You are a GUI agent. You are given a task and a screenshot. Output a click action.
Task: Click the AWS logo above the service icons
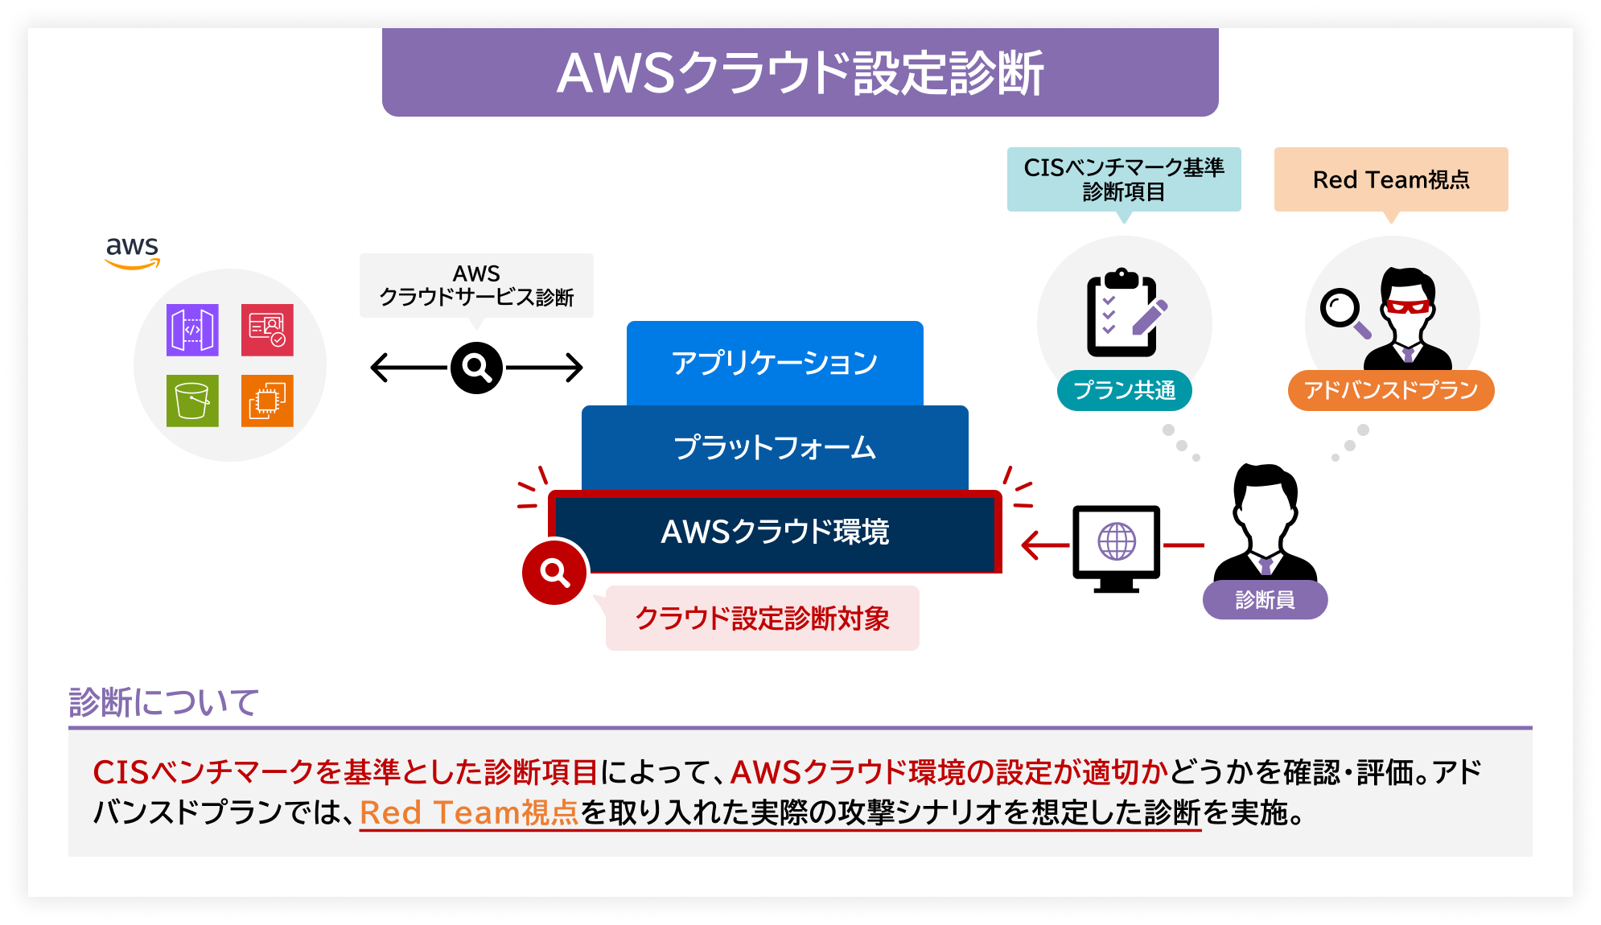(133, 251)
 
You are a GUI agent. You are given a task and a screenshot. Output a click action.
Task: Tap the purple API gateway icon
(192, 330)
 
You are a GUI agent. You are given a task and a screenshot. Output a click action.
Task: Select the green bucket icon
(192, 401)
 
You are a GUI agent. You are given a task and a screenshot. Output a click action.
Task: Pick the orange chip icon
(267, 401)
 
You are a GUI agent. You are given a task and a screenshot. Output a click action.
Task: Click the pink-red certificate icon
(267, 330)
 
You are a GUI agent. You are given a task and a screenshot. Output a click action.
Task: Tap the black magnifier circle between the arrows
(476, 368)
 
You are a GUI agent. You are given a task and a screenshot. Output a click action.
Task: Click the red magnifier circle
(554, 572)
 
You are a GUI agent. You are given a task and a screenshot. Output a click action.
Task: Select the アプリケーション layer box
(775, 363)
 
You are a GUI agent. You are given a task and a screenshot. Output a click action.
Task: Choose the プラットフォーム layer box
(775, 447)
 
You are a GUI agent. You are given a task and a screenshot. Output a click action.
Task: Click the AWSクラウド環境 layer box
(775, 532)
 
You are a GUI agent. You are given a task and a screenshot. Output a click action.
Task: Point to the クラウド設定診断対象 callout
(762, 618)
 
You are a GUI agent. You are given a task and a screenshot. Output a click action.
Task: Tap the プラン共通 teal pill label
(1124, 390)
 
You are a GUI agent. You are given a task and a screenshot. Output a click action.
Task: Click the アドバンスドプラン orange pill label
(1391, 390)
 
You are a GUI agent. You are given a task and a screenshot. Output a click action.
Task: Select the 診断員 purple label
(1265, 600)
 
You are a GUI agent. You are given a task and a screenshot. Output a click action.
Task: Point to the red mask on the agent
(1407, 306)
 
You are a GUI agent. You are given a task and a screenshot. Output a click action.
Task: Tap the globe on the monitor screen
(1117, 541)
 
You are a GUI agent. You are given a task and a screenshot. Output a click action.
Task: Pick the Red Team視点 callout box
(1391, 179)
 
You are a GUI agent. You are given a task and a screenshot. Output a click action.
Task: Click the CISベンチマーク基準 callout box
(1124, 179)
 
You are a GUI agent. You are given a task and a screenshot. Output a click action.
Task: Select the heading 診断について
(164, 702)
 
